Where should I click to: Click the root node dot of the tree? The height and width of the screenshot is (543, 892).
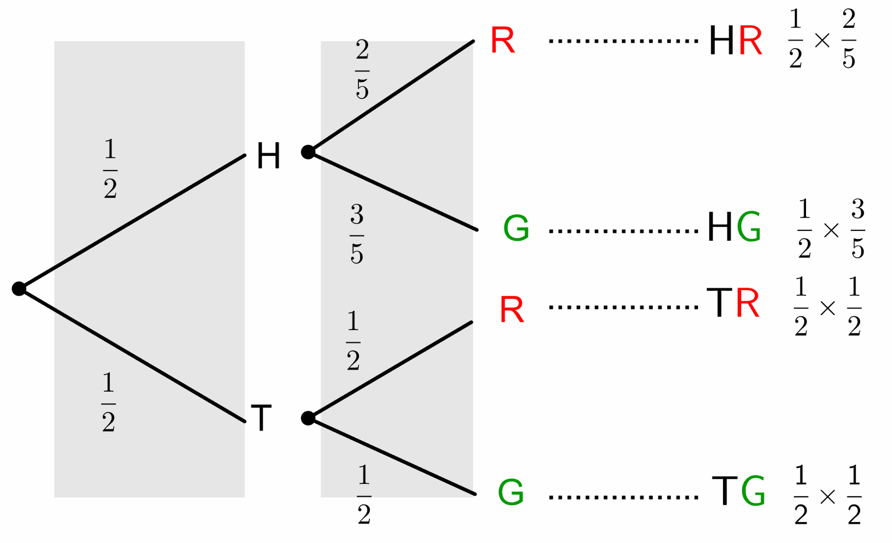point(19,288)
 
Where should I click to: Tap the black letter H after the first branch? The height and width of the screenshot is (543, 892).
point(268,156)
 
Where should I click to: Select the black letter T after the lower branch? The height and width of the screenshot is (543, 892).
point(261,418)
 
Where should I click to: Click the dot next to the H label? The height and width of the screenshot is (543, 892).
point(308,152)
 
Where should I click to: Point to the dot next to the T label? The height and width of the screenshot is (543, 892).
point(308,418)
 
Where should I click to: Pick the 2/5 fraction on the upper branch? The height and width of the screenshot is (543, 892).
point(362,70)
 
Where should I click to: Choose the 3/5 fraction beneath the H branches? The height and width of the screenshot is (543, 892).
point(357,234)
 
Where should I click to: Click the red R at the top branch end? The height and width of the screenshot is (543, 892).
point(502,41)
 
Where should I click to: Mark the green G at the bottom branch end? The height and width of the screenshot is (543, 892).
point(511,492)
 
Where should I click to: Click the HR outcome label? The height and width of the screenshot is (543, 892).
point(735,41)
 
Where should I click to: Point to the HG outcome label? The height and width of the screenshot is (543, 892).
point(734,227)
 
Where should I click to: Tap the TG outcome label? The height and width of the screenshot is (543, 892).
point(738,491)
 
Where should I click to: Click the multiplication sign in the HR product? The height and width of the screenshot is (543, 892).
point(822,40)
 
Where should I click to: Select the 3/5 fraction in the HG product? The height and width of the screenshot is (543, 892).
point(858,229)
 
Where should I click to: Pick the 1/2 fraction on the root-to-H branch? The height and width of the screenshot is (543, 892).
point(110,169)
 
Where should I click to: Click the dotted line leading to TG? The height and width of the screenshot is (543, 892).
point(623,497)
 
